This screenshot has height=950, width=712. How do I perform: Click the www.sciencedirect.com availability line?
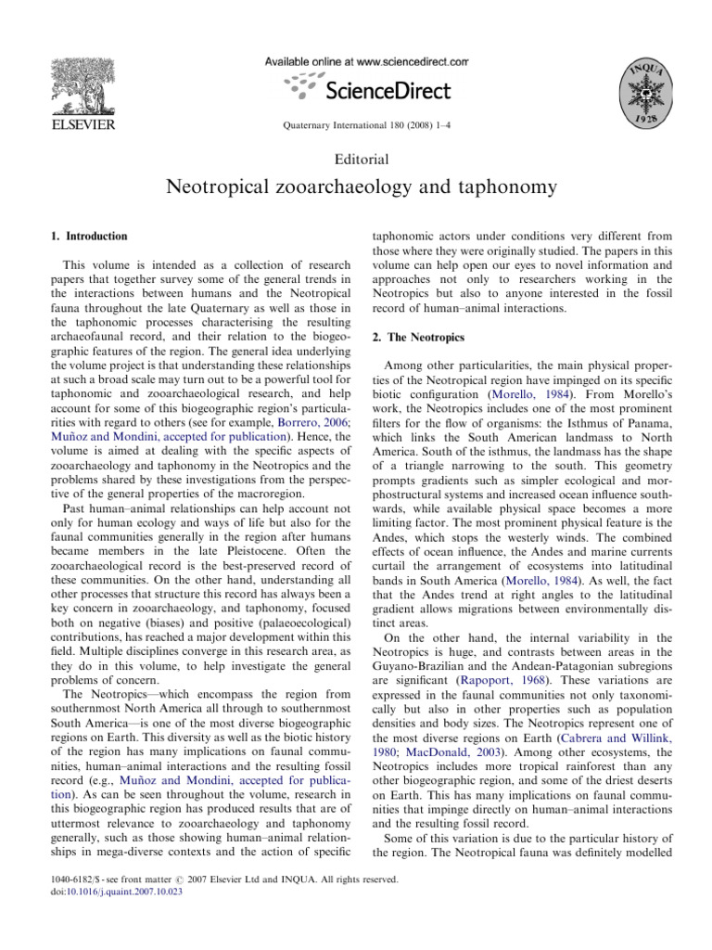tap(367, 60)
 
